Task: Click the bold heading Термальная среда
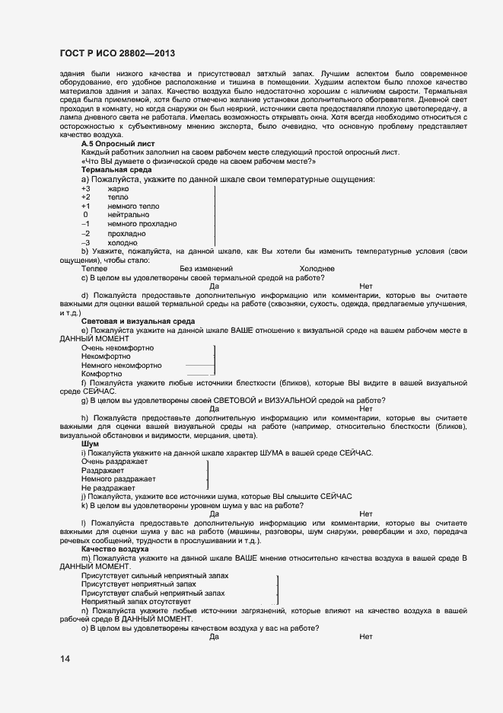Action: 116,170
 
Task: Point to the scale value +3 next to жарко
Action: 86,188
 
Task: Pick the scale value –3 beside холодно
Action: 86,242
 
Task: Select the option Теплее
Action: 94,269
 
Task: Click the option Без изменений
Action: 205,269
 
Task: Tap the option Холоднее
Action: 317,269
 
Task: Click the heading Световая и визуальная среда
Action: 138,321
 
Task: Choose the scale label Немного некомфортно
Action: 121,366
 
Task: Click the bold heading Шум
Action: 90,443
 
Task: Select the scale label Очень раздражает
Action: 114,462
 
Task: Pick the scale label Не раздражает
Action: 107,488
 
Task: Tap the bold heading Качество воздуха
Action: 115,548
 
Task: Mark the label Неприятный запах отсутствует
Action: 135,601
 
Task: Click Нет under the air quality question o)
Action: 366,636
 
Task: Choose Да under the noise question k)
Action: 214,513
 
